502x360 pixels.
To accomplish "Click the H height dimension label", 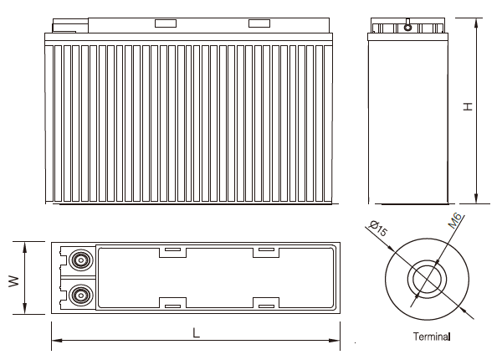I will point(469,107).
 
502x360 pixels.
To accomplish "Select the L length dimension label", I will point(196,333).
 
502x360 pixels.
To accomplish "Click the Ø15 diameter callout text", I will point(376,229).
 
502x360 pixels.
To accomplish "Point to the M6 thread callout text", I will point(455,222).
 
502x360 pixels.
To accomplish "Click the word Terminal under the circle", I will point(432,337).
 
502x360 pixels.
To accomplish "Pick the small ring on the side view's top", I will point(408,28).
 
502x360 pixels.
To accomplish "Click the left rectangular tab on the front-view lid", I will point(164,24).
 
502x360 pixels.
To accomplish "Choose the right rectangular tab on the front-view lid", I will point(260,24).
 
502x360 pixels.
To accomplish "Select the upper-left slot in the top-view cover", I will point(172,249).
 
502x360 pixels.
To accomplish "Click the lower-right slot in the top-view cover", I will point(266,306).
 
